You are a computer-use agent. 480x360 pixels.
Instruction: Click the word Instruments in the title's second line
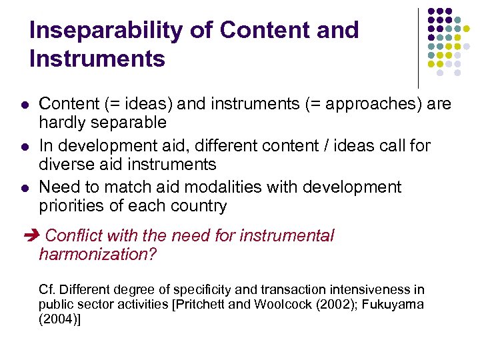tap(97, 59)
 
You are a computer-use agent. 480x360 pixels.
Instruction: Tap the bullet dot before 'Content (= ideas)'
tap(24, 105)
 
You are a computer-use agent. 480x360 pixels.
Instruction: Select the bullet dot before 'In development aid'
tap(24, 146)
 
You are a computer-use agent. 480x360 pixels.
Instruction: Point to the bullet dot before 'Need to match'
tap(24, 187)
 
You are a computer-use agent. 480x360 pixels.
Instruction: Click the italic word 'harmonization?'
tap(97, 254)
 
